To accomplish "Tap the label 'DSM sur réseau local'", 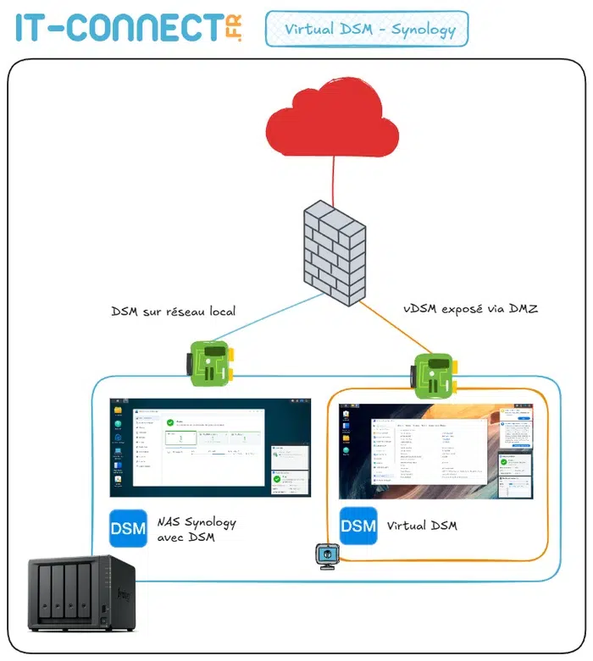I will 173,311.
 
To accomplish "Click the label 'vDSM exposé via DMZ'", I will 470,310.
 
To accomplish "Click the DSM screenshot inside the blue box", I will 211,450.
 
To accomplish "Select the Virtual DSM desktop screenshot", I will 436,450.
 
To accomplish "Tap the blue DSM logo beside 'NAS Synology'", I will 128,529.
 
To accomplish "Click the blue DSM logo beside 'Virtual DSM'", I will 358,526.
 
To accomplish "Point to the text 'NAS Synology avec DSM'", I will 196,530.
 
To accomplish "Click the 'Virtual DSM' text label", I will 421,526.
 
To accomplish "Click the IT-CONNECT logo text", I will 119,28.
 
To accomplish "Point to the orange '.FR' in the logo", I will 234,29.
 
